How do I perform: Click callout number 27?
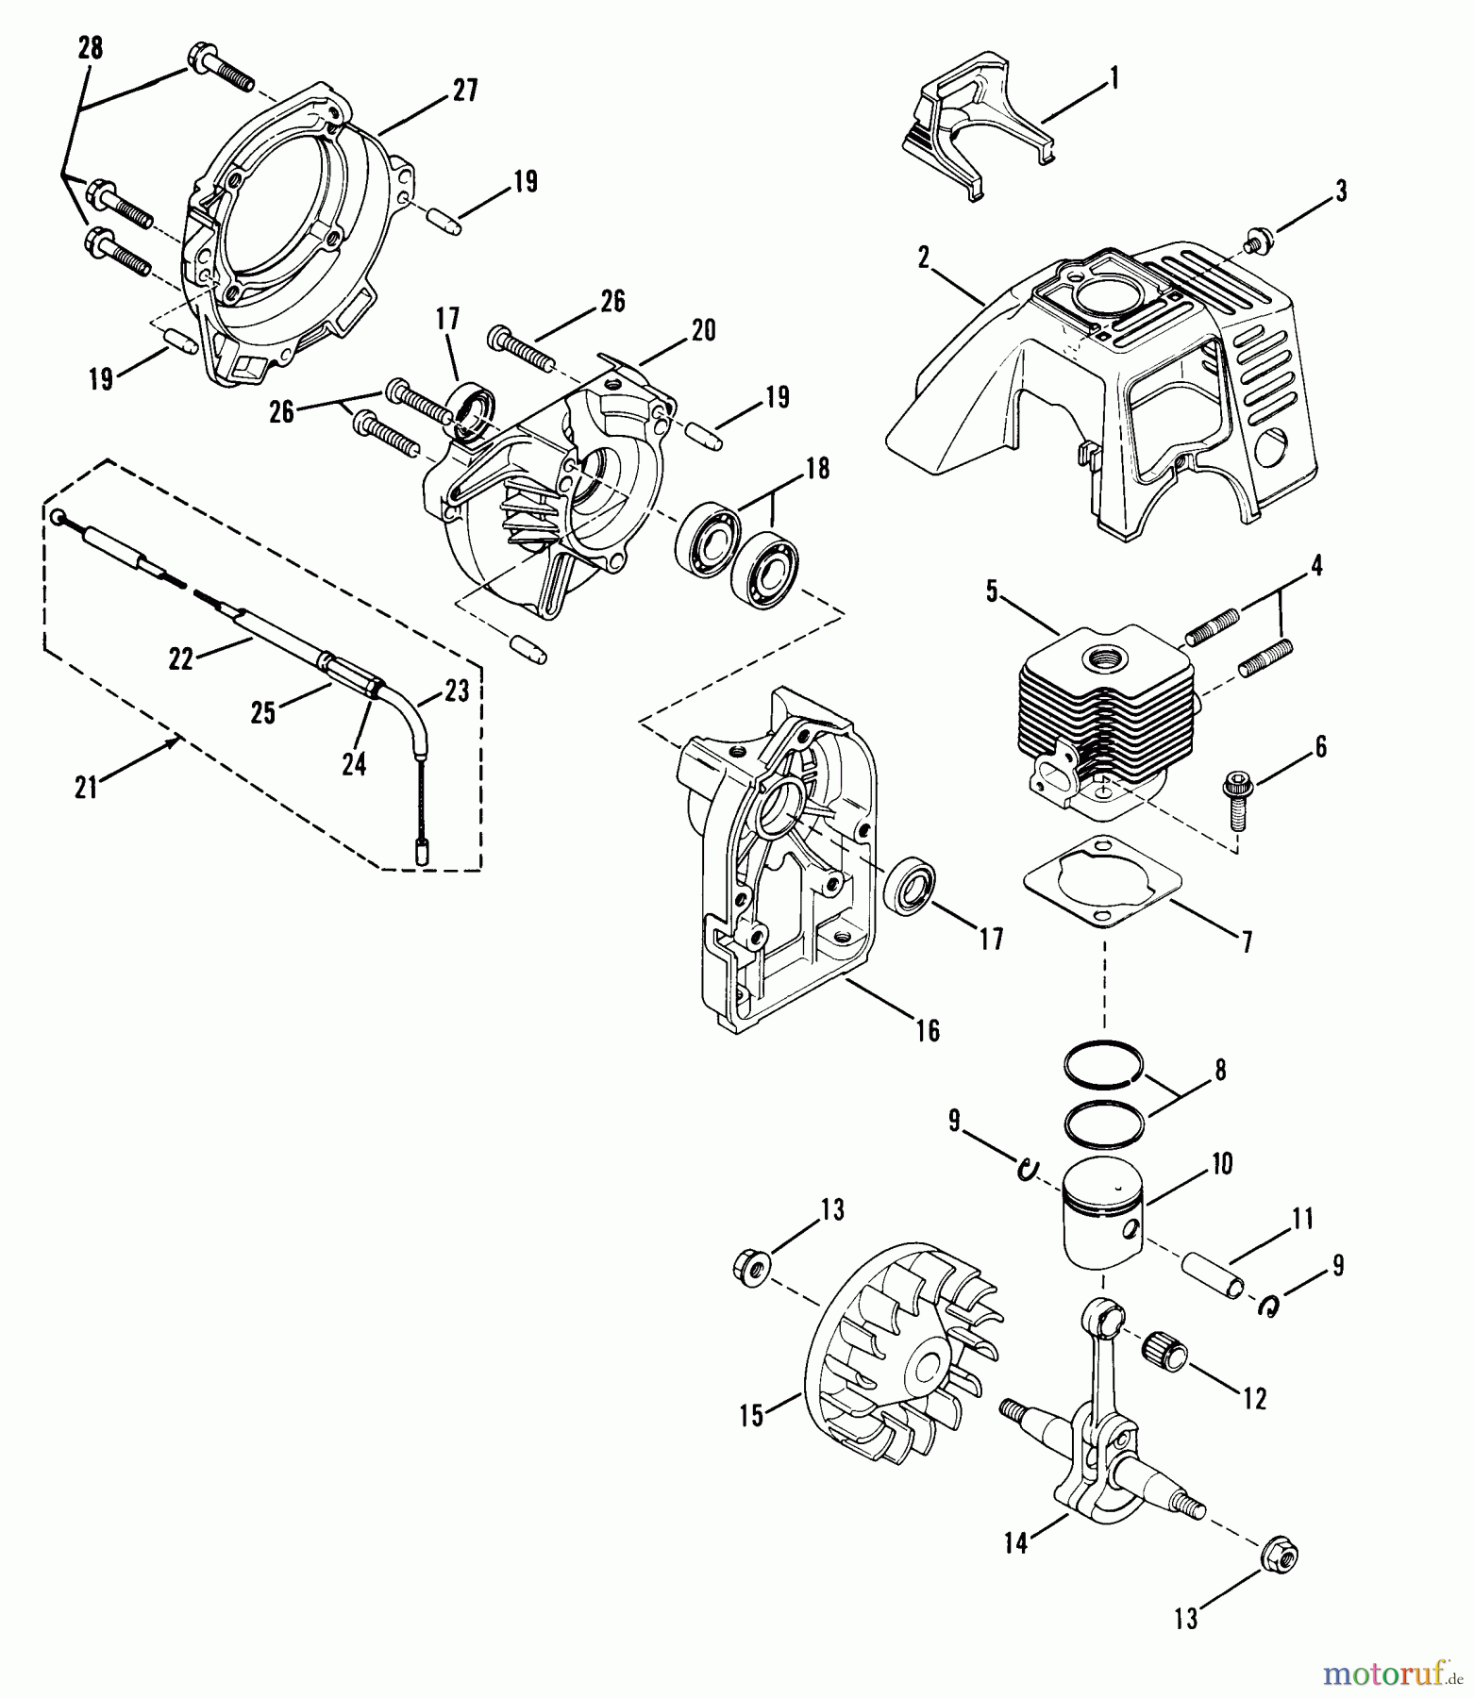pyautogui.click(x=464, y=92)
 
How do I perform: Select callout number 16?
pyautogui.click(x=928, y=1030)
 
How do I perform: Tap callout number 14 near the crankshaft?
pyautogui.click(x=1015, y=1545)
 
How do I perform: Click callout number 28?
pyautogui.click(x=90, y=48)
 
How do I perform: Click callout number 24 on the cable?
pyautogui.click(x=353, y=764)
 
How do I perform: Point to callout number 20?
pyautogui.click(x=703, y=330)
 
